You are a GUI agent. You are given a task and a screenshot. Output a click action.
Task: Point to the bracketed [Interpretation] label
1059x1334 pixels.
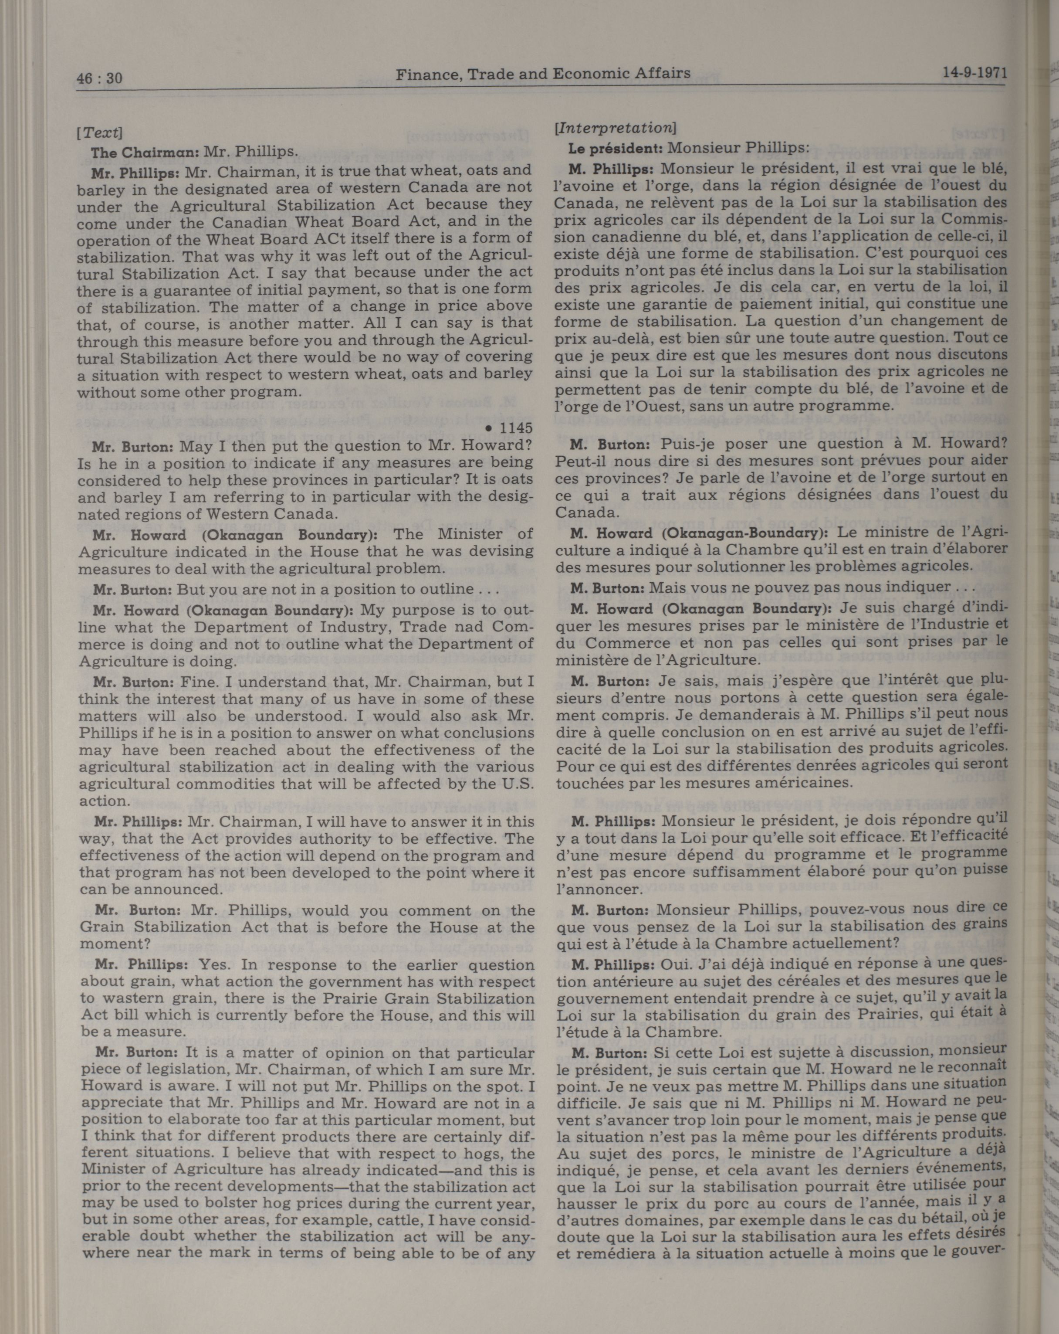[616, 128]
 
